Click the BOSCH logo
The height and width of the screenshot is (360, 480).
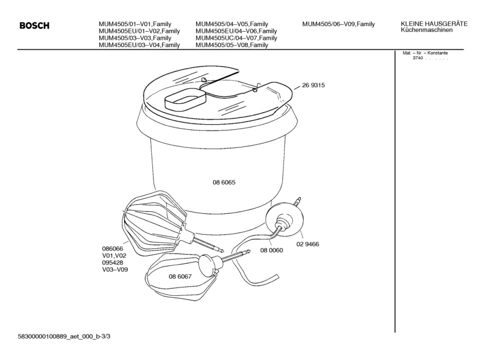click(34, 26)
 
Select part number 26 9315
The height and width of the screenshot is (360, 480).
click(313, 86)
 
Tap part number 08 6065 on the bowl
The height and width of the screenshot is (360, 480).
click(224, 183)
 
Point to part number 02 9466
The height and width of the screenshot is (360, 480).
click(308, 244)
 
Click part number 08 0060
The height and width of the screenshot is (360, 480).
click(271, 251)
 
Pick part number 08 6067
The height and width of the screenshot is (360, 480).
click(180, 277)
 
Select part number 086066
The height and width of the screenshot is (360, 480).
click(112, 249)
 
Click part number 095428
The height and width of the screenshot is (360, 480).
click(112, 263)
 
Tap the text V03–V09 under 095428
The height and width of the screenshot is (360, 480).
click(115, 270)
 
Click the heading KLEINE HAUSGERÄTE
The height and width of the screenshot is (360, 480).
click(434, 24)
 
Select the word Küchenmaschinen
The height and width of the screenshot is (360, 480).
click(426, 30)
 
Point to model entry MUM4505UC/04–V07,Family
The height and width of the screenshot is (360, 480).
click(236, 38)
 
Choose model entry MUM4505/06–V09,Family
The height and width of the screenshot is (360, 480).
click(338, 24)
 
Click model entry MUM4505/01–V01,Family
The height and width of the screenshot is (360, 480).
click(135, 24)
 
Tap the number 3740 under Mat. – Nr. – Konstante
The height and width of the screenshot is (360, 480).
click(418, 58)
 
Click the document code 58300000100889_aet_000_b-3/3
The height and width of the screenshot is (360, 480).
click(64, 337)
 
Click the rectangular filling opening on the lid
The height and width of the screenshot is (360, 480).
click(185, 99)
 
